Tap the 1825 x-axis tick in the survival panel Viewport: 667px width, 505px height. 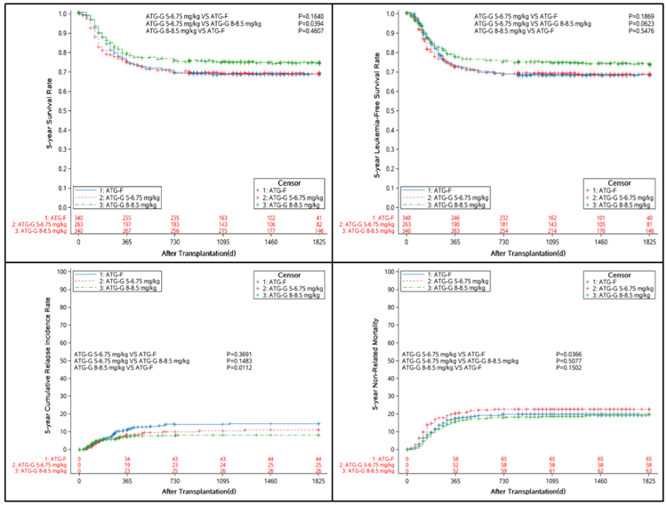tap(318, 242)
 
